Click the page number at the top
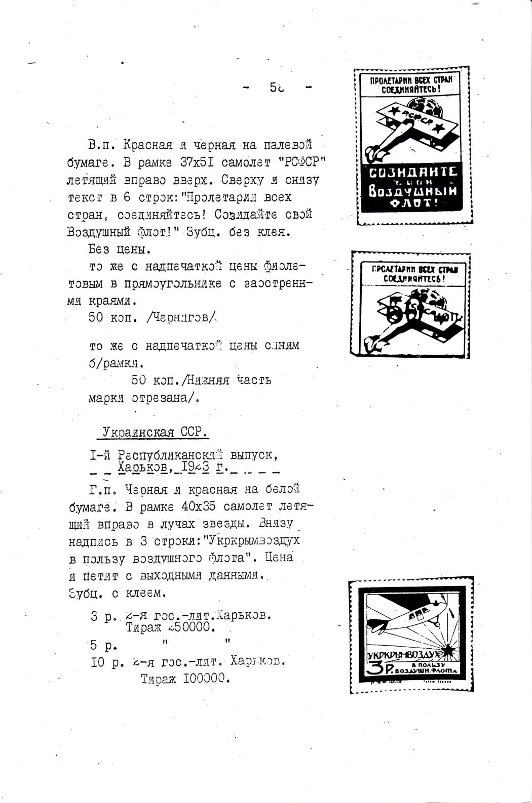[x=276, y=88]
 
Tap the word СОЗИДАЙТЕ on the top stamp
[x=412, y=173]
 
